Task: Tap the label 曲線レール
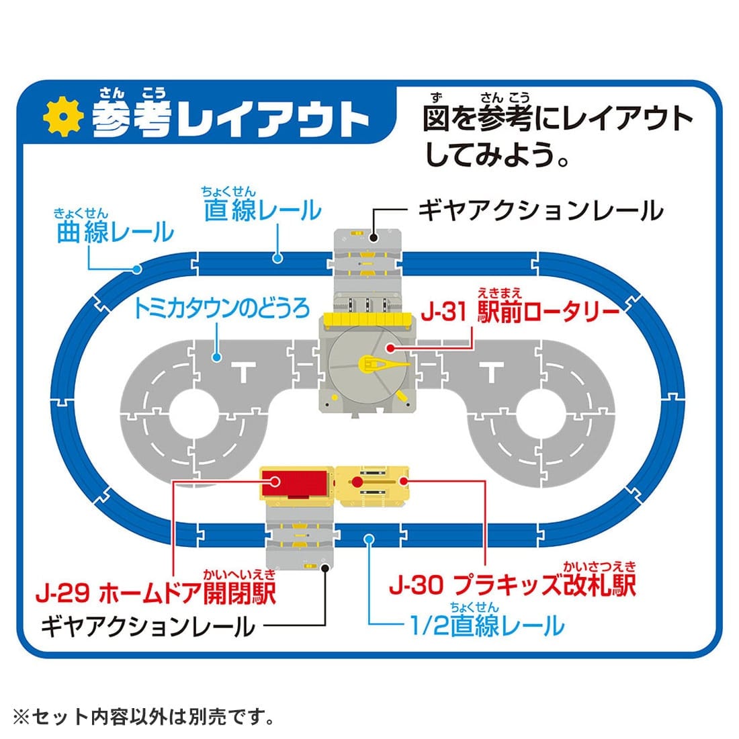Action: (x=115, y=232)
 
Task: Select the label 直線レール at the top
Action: (x=262, y=210)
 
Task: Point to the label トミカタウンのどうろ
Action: (x=222, y=308)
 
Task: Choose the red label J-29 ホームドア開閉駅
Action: (x=155, y=593)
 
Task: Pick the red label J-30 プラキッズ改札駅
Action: (x=512, y=585)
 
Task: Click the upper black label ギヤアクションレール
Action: (x=541, y=210)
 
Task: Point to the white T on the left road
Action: (x=241, y=371)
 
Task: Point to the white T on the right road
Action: (x=493, y=371)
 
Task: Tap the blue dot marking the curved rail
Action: (x=136, y=269)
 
